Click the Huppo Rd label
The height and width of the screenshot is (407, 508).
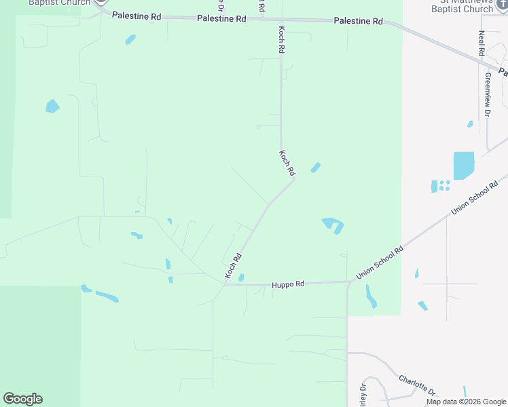click(x=289, y=285)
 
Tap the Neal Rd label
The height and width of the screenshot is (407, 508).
click(x=481, y=43)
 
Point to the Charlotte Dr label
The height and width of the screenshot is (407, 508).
click(x=417, y=385)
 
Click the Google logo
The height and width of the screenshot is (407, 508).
click(x=22, y=399)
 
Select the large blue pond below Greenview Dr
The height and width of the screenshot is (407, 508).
click(x=463, y=165)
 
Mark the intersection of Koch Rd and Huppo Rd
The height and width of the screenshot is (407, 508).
click(x=225, y=284)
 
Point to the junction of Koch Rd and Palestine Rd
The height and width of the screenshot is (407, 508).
click(x=280, y=20)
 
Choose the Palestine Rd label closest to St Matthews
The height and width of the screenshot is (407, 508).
click(x=359, y=22)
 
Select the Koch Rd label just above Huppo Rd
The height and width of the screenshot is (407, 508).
click(x=234, y=265)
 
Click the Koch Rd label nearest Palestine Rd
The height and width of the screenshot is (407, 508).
click(x=281, y=41)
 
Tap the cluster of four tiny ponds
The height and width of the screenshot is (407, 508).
click(x=441, y=185)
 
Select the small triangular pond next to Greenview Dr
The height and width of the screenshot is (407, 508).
click(x=470, y=124)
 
